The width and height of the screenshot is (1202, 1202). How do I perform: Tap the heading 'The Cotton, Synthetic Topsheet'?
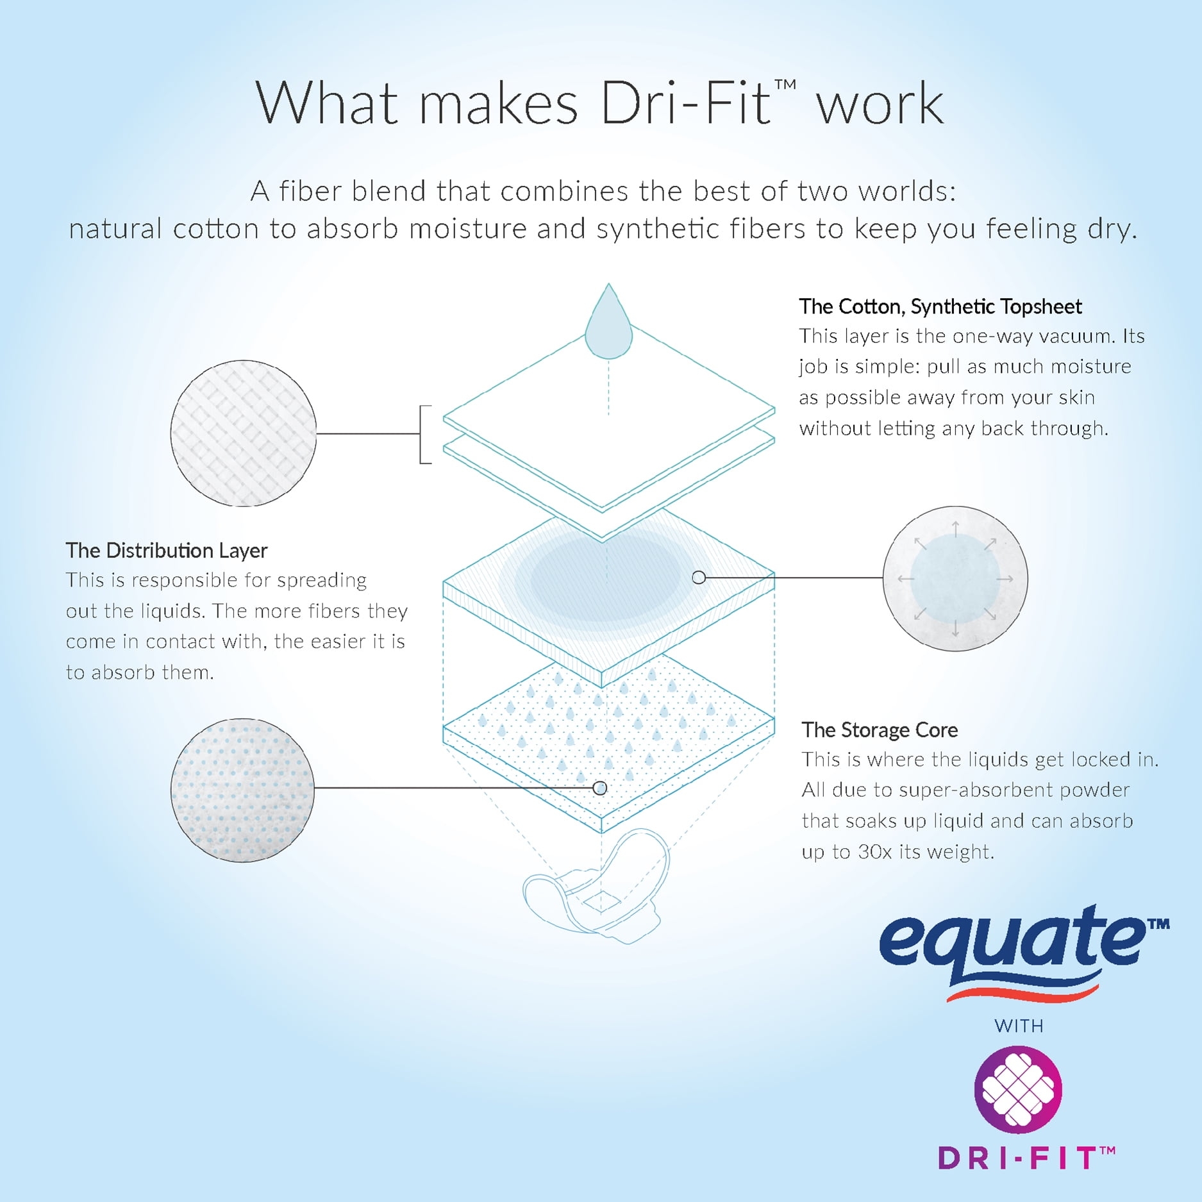(940, 307)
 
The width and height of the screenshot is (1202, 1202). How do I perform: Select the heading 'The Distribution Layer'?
(167, 551)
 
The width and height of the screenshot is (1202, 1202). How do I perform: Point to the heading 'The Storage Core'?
(880, 730)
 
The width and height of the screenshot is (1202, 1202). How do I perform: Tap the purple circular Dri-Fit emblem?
(1018, 1089)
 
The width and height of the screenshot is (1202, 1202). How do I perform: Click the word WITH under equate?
(1019, 1026)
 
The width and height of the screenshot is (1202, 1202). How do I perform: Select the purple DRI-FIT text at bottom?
(1026, 1158)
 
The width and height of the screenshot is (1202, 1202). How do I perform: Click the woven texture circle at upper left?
(244, 433)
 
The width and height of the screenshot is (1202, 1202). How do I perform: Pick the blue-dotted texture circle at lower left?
(242, 790)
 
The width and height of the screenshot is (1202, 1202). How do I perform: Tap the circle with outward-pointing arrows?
(955, 579)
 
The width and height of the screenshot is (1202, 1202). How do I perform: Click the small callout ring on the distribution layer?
(699, 578)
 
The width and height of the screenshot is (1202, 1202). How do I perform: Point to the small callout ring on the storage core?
(599, 788)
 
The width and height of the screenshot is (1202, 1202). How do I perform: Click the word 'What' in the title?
(326, 103)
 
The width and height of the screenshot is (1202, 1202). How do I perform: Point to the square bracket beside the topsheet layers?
(425, 434)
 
